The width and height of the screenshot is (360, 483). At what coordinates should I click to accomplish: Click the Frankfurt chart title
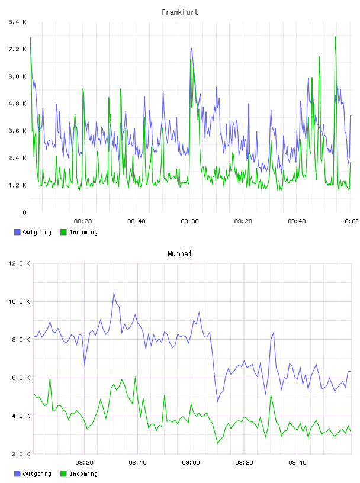click(x=180, y=12)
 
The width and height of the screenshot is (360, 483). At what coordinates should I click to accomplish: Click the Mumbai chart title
click(x=179, y=254)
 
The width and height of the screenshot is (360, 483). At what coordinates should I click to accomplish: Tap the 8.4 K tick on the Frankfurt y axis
click(x=18, y=22)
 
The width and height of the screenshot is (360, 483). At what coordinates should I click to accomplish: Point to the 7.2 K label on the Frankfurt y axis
click(x=18, y=49)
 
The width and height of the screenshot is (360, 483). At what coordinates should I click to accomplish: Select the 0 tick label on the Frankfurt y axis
click(x=24, y=212)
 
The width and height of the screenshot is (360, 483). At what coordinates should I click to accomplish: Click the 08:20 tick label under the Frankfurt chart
click(x=83, y=221)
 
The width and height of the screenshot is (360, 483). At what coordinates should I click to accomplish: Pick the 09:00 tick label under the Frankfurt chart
click(x=190, y=221)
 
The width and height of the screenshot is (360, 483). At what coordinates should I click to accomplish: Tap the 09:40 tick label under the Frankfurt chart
click(x=297, y=221)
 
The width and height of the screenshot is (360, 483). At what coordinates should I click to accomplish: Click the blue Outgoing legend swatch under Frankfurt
click(x=17, y=232)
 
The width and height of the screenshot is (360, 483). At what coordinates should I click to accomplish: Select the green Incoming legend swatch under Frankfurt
click(x=63, y=232)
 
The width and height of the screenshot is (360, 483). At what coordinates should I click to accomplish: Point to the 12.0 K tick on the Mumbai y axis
click(x=19, y=263)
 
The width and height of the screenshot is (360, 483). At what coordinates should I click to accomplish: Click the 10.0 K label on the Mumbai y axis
click(x=19, y=301)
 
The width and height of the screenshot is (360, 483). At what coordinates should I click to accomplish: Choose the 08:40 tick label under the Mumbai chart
click(x=138, y=463)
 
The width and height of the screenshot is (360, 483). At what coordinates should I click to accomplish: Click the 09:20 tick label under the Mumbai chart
click(x=245, y=463)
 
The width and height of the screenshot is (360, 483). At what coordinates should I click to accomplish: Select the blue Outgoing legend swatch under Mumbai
click(x=17, y=474)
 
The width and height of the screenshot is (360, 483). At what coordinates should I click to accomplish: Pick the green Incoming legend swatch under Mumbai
click(x=63, y=474)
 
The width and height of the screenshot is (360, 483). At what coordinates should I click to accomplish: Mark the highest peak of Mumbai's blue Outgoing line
click(x=114, y=292)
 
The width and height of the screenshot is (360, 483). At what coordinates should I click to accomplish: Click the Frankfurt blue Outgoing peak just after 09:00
click(x=192, y=48)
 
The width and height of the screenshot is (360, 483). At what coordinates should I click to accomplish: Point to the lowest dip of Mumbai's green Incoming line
click(x=218, y=443)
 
